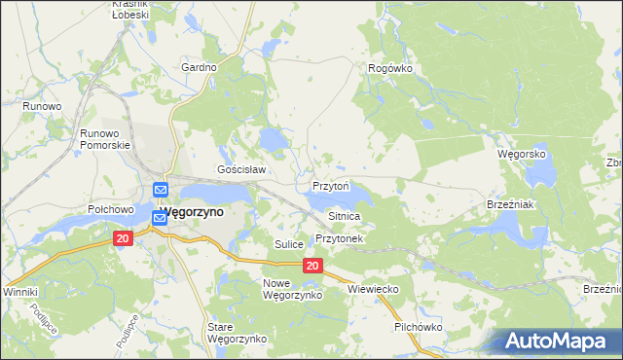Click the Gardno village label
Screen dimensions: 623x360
pos(199,68)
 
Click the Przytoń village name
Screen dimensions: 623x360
pos(331,185)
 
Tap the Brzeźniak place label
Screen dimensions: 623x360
pos(507,205)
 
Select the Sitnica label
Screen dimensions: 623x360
pos(345,216)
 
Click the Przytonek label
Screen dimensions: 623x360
pos(339,238)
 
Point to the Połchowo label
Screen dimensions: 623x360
pos(110,209)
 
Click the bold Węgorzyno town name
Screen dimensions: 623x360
pos(192,211)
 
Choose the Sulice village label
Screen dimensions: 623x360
pos(290,244)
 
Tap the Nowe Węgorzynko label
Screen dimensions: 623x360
pos(285,288)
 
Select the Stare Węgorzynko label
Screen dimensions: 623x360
pos(237,333)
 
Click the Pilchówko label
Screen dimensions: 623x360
pos(419,328)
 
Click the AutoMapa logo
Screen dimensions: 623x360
pos(557,342)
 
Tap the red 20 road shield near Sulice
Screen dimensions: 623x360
pos(312,266)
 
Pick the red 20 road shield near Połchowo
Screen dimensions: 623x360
pos(122,238)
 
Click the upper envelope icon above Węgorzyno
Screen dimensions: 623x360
pos(161,189)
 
